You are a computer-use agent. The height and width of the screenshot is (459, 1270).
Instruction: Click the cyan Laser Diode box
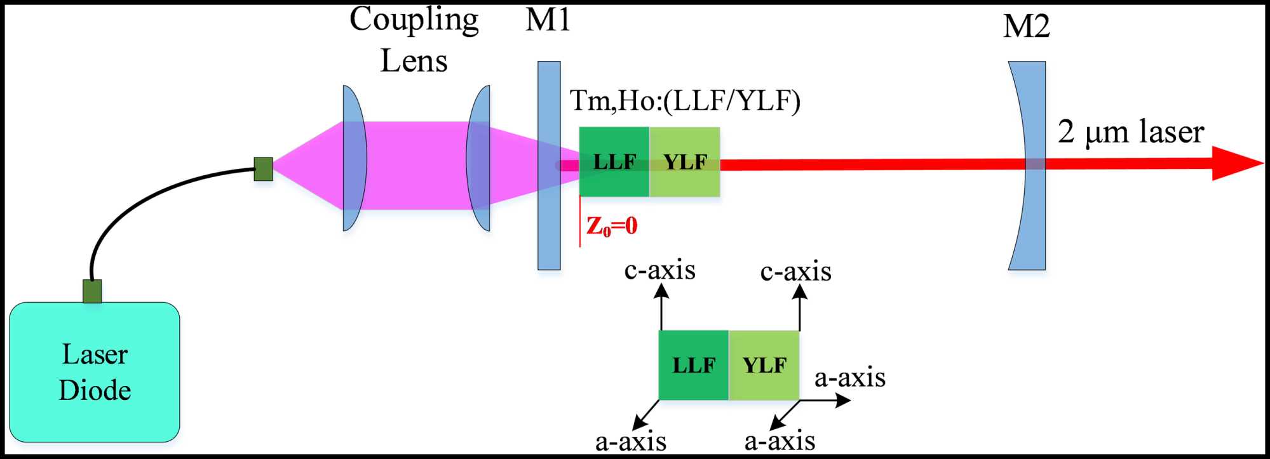(95, 372)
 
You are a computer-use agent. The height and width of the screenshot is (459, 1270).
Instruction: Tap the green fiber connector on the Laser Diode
(92, 291)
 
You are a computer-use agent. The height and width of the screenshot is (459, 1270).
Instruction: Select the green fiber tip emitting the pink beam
(263, 169)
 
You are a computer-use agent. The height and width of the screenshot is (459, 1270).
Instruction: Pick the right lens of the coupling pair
(479, 159)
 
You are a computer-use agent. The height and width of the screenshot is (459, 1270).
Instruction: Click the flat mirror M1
(549, 165)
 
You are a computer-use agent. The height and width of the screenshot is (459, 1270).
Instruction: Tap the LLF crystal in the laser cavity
(614, 162)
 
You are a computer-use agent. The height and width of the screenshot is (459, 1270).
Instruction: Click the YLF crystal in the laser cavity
(685, 162)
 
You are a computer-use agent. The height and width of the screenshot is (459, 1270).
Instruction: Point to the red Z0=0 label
(612, 226)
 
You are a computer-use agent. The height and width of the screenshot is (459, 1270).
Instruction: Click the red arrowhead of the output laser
(1236, 163)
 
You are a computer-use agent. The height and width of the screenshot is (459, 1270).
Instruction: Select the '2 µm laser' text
(1131, 132)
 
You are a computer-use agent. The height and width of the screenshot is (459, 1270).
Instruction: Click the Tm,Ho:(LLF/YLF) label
(685, 101)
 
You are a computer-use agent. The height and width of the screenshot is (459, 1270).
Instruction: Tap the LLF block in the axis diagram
(694, 365)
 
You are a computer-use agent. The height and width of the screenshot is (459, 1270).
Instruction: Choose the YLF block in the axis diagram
(764, 365)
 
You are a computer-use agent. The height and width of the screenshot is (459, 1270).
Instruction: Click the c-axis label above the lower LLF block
(660, 270)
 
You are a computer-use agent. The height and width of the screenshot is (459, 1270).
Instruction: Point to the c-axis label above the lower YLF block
(795, 272)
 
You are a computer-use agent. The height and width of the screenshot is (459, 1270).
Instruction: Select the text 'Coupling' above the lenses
(414, 20)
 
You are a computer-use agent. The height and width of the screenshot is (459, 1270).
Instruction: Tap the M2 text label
(1026, 27)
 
